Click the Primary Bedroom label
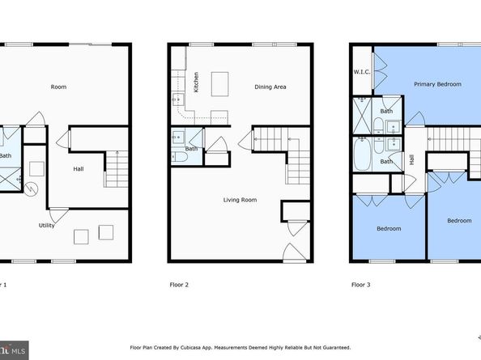436,84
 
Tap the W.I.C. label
361,72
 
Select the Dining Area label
270,87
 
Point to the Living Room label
241,199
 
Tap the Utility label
47,225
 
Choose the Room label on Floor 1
58,87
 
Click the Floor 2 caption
179,285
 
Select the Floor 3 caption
360,285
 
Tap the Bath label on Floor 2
192,148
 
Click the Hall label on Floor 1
79,169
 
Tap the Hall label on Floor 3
411,159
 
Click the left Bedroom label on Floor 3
389,229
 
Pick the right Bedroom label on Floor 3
459,220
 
